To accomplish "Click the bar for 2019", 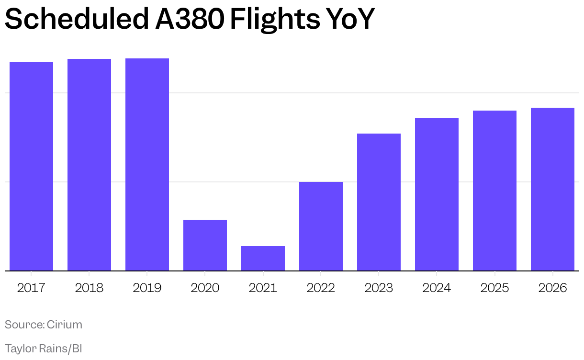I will pyautogui.click(x=147, y=165).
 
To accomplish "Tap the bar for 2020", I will pyautogui.click(x=205, y=245).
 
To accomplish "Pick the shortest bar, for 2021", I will pyautogui.click(x=263, y=259).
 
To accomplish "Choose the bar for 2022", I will pyautogui.click(x=321, y=226).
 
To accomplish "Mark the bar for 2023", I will pyautogui.click(x=379, y=202).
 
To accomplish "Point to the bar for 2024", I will pyautogui.click(x=437, y=194).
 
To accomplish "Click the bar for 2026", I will pyautogui.click(x=552, y=189).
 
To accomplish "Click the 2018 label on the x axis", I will pyautogui.click(x=89, y=288).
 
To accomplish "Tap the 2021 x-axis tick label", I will pyautogui.click(x=263, y=288).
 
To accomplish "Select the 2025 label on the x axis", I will pyautogui.click(x=494, y=288).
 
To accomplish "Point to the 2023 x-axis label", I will pyautogui.click(x=379, y=288).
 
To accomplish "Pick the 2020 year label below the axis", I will pyautogui.click(x=205, y=288).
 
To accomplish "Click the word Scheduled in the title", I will pyautogui.click(x=77, y=19).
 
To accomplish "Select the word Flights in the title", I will pyautogui.click(x=274, y=19).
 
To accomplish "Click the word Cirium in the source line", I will pyautogui.click(x=65, y=325).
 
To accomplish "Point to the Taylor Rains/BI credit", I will pyautogui.click(x=44, y=348).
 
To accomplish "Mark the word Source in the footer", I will pyautogui.click(x=24, y=325).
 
